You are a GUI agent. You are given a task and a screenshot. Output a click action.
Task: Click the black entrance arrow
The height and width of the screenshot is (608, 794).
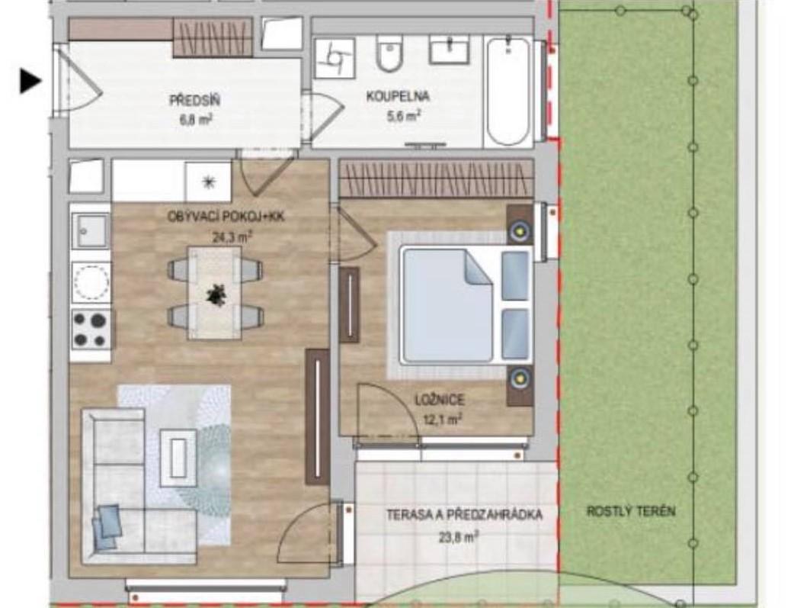tap(30, 81)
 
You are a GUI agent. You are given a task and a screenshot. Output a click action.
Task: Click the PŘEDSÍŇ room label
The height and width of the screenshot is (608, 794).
tap(195, 100)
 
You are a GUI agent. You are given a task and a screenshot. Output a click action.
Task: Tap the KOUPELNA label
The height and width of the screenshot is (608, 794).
tap(398, 96)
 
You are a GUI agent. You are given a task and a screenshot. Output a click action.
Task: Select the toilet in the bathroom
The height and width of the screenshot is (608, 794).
tap(389, 53)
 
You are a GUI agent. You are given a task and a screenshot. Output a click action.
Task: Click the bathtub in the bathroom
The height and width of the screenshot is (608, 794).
tap(508, 92)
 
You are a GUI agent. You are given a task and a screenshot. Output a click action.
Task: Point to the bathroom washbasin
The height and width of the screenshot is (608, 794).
tap(449, 50)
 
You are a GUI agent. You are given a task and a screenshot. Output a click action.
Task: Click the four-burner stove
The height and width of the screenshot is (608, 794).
tap(91, 329)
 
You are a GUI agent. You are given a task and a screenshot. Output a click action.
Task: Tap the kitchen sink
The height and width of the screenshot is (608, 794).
tap(91, 230)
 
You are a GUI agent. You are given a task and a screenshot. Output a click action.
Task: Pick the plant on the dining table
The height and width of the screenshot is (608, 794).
tap(216, 294)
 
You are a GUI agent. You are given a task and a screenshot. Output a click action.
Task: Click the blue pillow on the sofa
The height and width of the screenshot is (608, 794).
tap(107, 526)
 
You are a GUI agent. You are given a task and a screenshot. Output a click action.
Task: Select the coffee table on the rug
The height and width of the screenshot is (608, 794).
tap(178, 458)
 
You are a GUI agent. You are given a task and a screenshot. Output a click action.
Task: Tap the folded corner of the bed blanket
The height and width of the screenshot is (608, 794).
tap(478, 268)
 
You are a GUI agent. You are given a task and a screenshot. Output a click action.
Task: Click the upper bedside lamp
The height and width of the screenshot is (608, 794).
tap(519, 232)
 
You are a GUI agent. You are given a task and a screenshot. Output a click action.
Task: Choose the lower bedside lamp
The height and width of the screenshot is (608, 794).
tap(519, 378)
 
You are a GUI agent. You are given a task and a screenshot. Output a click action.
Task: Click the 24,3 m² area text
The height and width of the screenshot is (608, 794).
tap(232, 236)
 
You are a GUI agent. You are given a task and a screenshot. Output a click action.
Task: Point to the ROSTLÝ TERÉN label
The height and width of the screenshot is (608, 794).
tap(631, 510)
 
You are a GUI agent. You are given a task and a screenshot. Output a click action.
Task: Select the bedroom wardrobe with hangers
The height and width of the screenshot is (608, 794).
tap(436, 179)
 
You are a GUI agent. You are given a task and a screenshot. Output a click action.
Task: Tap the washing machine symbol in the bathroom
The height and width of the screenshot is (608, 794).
tap(335, 58)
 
